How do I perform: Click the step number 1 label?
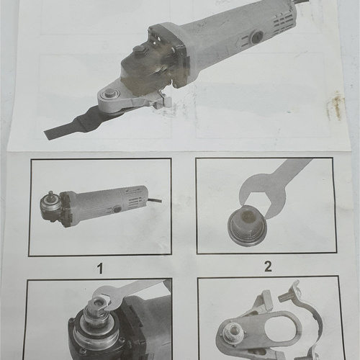101,269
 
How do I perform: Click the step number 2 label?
267,266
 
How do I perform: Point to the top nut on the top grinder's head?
140,50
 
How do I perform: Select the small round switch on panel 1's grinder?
117,209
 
